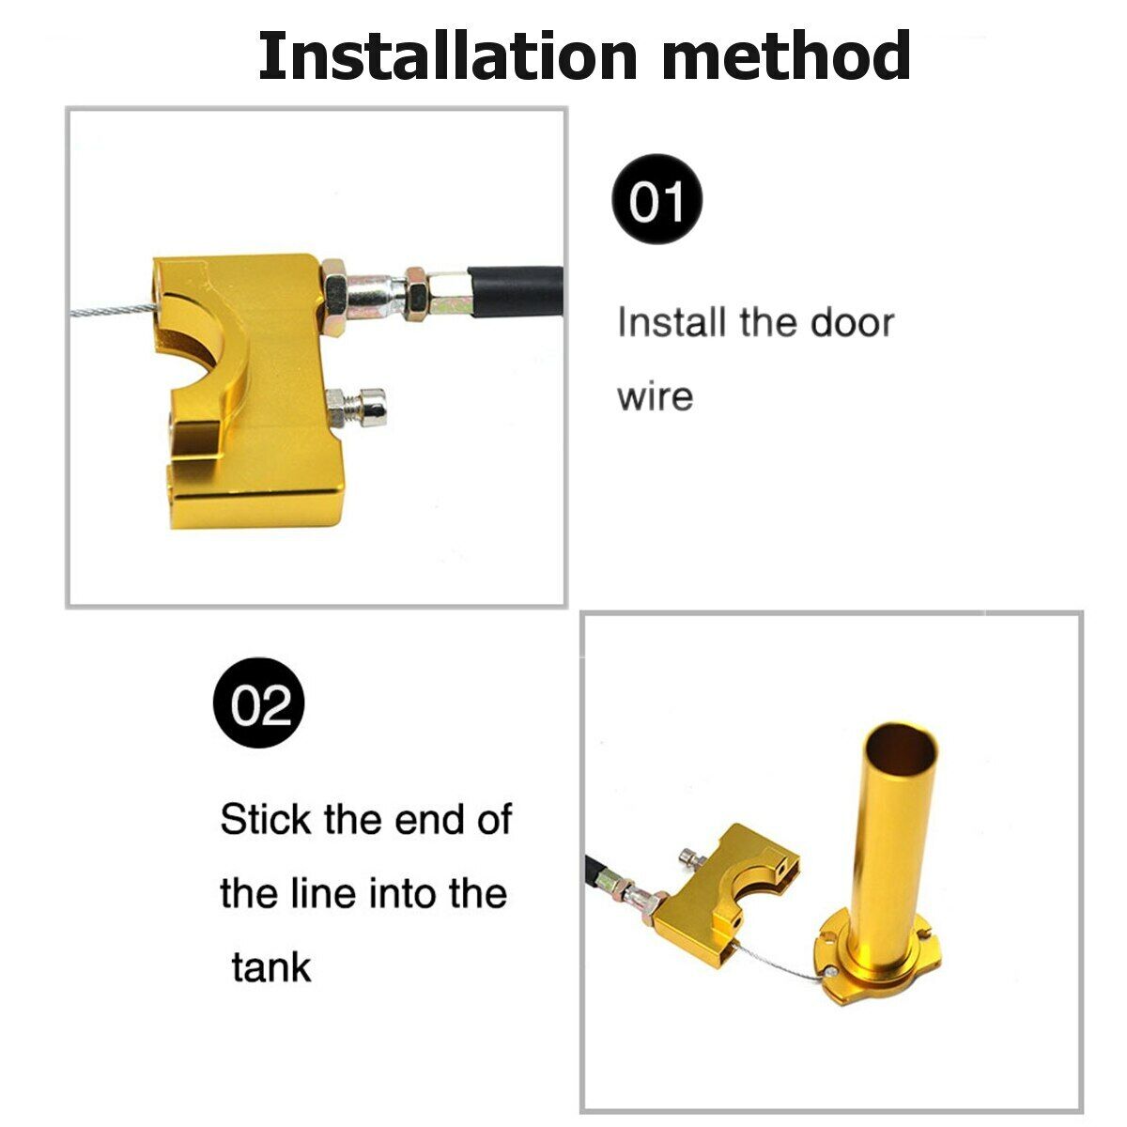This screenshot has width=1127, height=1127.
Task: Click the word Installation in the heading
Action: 447,55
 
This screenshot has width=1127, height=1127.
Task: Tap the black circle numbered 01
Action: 656,199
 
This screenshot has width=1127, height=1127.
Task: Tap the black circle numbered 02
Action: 259,703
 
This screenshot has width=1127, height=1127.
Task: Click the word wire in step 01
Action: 655,396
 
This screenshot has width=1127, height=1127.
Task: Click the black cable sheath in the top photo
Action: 516,292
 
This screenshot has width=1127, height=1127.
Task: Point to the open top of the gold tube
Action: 901,747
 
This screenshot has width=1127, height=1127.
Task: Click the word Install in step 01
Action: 672,322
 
